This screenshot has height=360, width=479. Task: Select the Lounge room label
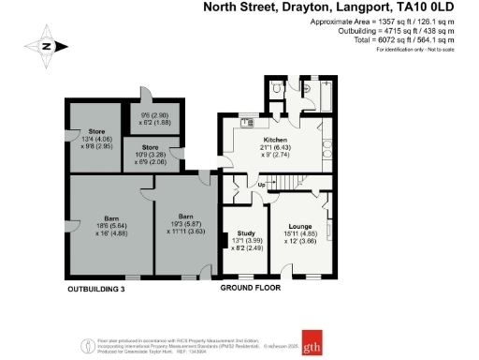point(300,225)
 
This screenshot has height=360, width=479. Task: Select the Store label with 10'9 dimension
point(150,147)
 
